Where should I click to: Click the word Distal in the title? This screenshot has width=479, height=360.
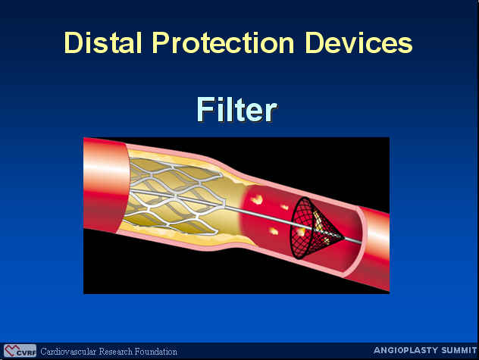click(x=103, y=42)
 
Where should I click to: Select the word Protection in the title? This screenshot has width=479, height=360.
click(x=224, y=42)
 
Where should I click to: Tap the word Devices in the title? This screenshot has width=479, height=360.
click(x=359, y=42)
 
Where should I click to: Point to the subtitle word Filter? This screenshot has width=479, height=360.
click(x=237, y=109)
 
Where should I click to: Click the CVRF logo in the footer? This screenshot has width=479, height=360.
click(x=20, y=350)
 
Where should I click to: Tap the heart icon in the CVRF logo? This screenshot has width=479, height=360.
click(x=11, y=350)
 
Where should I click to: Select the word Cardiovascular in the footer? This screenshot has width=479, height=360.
click(x=69, y=352)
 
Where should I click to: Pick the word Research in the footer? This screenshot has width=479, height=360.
click(x=116, y=352)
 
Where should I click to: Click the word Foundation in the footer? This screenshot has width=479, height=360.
click(x=156, y=352)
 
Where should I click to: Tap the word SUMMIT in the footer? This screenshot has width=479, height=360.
click(x=455, y=350)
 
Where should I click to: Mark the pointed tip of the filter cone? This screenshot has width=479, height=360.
click(x=344, y=237)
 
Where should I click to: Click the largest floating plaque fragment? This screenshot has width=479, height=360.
click(x=257, y=199)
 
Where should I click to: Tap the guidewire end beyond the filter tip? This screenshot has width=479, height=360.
click(x=360, y=243)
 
